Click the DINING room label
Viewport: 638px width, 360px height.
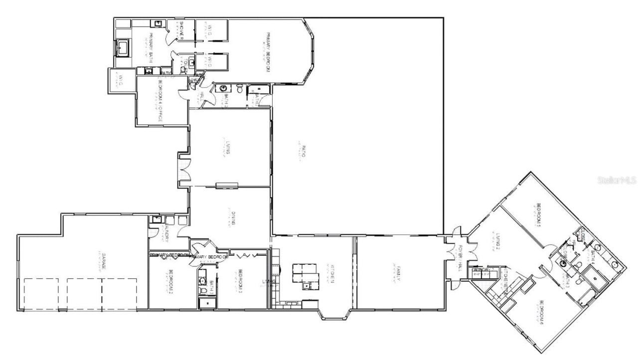(x=234, y=219)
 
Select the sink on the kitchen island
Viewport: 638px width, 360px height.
(x=306, y=285)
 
